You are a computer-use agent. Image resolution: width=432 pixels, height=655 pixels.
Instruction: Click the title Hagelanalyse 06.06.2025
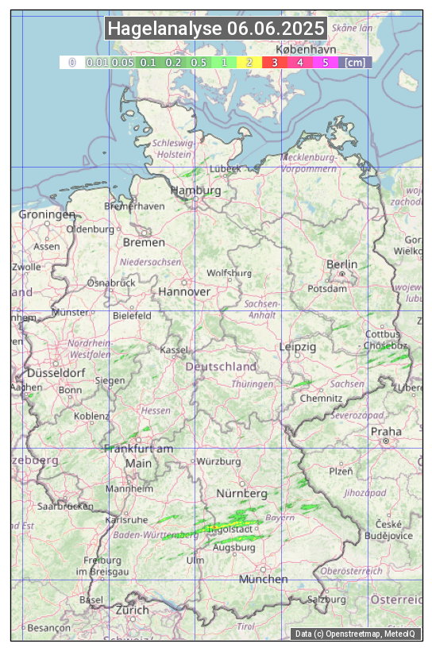point(216,29)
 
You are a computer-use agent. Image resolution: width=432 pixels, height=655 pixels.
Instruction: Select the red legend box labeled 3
point(274,62)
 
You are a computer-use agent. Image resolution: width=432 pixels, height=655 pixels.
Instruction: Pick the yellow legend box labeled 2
point(249,62)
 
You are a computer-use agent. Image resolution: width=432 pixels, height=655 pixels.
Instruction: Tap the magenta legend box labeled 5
point(325,62)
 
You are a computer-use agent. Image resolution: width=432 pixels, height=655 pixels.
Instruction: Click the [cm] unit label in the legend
point(355,62)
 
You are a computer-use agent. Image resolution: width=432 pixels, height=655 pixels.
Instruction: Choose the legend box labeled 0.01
point(97,62)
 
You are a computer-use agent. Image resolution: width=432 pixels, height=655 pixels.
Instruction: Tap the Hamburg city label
point(195,191)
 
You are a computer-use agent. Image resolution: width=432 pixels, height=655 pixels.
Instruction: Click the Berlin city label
point(341,264)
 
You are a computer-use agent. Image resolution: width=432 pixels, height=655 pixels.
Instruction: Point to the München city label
point(263,579)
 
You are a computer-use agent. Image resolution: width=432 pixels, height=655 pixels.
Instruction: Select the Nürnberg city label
point(243,495)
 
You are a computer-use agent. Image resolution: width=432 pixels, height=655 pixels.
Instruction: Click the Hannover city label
point(184,292)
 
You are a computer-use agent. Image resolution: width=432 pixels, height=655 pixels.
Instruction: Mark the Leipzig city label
point(298,347)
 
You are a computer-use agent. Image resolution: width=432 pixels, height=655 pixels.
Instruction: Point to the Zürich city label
point(132,610)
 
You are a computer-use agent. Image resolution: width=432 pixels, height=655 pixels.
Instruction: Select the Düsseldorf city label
point(56,373)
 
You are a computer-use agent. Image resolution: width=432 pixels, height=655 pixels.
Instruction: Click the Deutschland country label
point(221,367)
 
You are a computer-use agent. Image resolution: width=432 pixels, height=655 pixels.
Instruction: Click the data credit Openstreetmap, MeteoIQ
point(355,634)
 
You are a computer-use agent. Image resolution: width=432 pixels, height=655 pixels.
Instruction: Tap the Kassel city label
point(173,350)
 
